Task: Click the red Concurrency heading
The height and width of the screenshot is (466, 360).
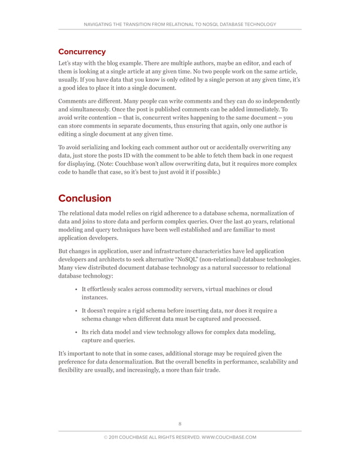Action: (82, 52)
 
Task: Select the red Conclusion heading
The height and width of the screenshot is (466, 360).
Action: (85, 198)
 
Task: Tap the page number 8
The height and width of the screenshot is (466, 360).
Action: (179, 424)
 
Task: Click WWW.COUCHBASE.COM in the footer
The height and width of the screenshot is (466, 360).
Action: (227, 437)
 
